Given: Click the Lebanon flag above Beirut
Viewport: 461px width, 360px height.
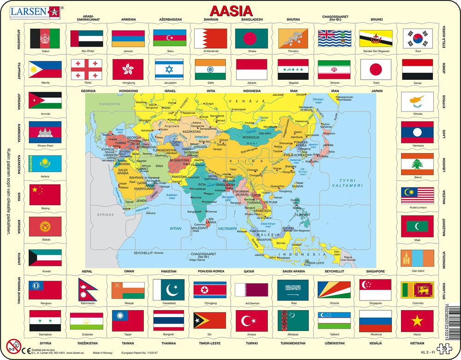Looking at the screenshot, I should (x=417, y=164).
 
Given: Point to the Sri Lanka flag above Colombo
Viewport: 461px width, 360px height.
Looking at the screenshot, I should (x=417, y=289).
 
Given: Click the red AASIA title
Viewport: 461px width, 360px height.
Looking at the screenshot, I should (x=231, y=11).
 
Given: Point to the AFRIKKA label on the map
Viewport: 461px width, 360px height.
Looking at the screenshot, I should (x=105, y=215).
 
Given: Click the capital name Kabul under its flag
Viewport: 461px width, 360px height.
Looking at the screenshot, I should (x=45, y=51).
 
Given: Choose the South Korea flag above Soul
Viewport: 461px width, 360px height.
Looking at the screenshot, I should (x=417, y=39).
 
